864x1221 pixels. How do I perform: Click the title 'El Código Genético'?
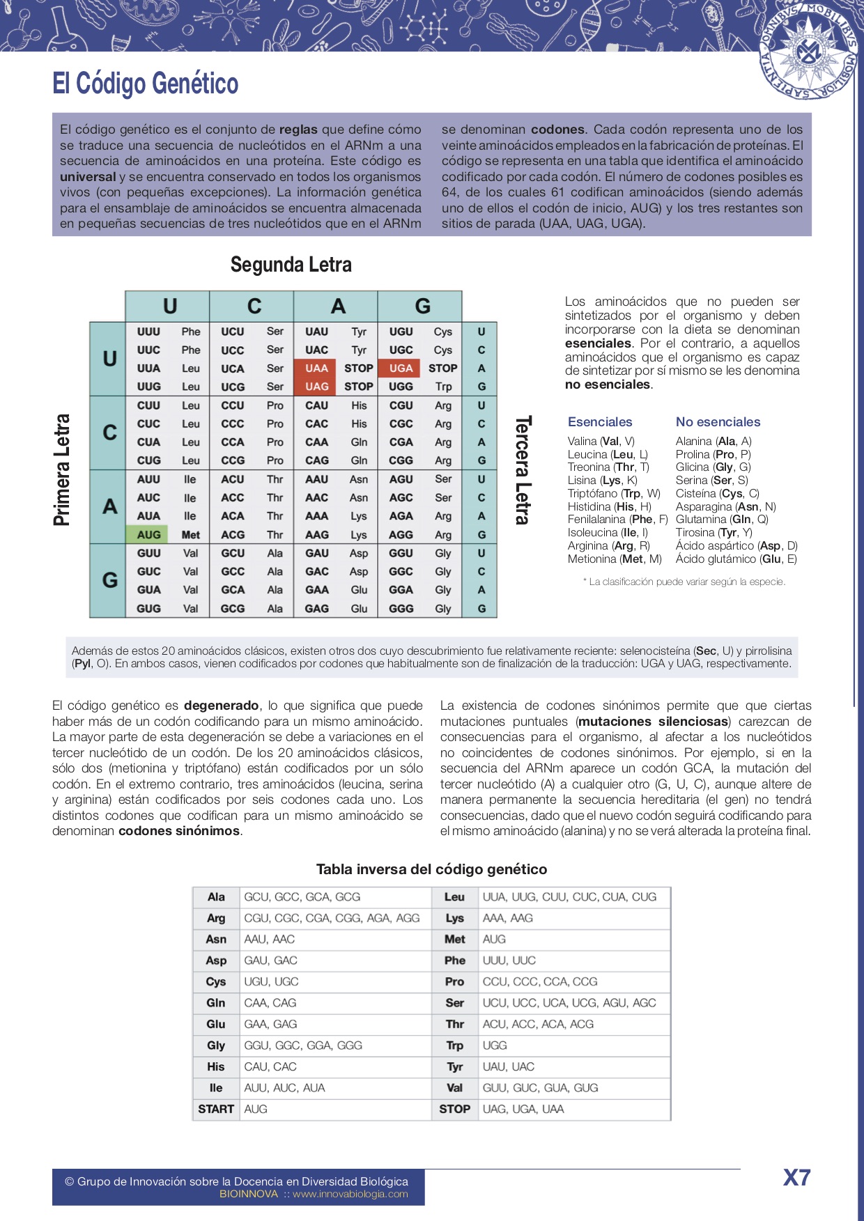(x=146, y=84)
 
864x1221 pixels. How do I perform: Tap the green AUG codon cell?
(x=148, y=535)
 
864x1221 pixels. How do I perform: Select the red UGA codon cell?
(x=401, y=368)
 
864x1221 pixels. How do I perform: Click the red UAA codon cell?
(x=316, y=368)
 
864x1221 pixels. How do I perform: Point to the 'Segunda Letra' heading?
(x=291, y=265)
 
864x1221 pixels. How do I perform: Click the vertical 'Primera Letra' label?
(x=62, y=469)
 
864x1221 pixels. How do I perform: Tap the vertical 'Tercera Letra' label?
(x=523, y=469)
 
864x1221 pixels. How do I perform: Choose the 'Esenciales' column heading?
(x=600, y=422)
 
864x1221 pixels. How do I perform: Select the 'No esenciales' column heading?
(x=718, y=422)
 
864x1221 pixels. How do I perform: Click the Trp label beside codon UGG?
(x=443, y=387)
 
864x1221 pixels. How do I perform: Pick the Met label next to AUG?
(x=190, y=535)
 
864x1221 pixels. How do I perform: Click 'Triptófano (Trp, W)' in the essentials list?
(x=614, y=493)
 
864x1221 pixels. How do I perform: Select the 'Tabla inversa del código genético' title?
(x=431, y=869)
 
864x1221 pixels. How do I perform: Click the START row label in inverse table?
(x=216, y=1109)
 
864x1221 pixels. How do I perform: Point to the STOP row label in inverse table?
(x=454, y=1109)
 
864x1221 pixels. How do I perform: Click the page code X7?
(x=796, y=1177)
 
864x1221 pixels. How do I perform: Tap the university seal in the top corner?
(x=808, y=50)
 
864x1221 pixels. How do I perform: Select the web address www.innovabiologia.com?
(x=350, y=1194)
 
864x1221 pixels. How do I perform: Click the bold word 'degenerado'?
(x=221, y=706)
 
